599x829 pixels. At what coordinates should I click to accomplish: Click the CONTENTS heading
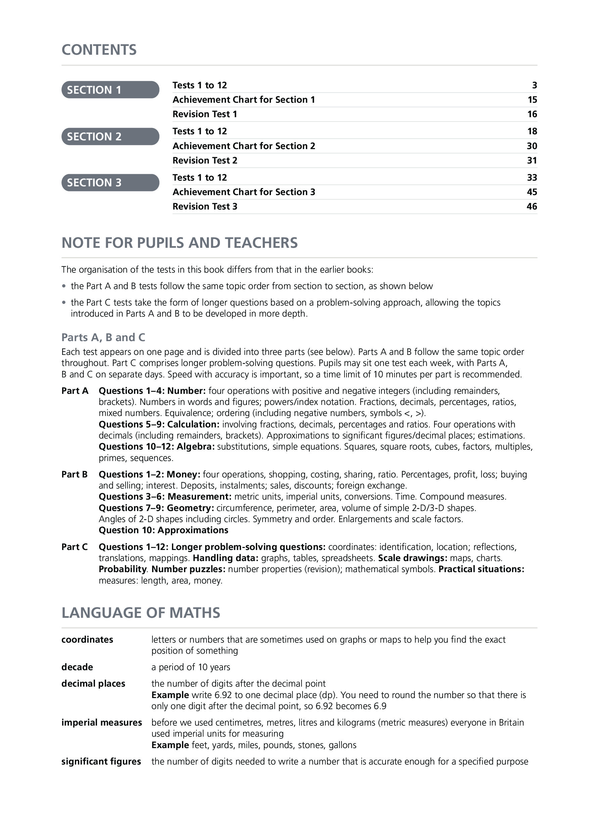coord(99,50)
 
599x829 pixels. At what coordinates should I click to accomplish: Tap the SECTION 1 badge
coord(110,90)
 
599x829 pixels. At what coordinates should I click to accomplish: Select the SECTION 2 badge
coord(110,136)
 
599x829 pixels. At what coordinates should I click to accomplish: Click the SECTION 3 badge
coord(110,182)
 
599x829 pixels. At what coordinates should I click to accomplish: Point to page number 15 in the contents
coord(532,100)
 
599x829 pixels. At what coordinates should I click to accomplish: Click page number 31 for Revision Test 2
coord(532,160)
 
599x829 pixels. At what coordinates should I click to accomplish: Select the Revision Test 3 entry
coord(205,206)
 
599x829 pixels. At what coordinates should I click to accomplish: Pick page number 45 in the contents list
coord(532,192)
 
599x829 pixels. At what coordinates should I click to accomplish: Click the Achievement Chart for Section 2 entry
coord(243,146)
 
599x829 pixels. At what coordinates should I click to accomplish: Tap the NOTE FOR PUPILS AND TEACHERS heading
coord(179,243)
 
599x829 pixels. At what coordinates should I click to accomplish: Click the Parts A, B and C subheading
coord(103,337)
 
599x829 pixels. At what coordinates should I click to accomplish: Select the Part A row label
coord(75,391)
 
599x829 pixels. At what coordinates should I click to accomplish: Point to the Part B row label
coord(75,474)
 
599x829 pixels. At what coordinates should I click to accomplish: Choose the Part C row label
coord(75,547)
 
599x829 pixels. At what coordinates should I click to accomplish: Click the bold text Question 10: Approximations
coord(164,530)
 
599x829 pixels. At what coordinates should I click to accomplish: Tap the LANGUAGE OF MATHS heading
coord(141,613)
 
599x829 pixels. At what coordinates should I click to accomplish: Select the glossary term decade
coord(77,667)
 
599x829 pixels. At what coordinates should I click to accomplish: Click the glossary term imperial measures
coord(102,723)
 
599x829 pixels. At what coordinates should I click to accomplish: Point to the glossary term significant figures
coord(101,762)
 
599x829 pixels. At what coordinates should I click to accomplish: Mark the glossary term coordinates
coord(87,639)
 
